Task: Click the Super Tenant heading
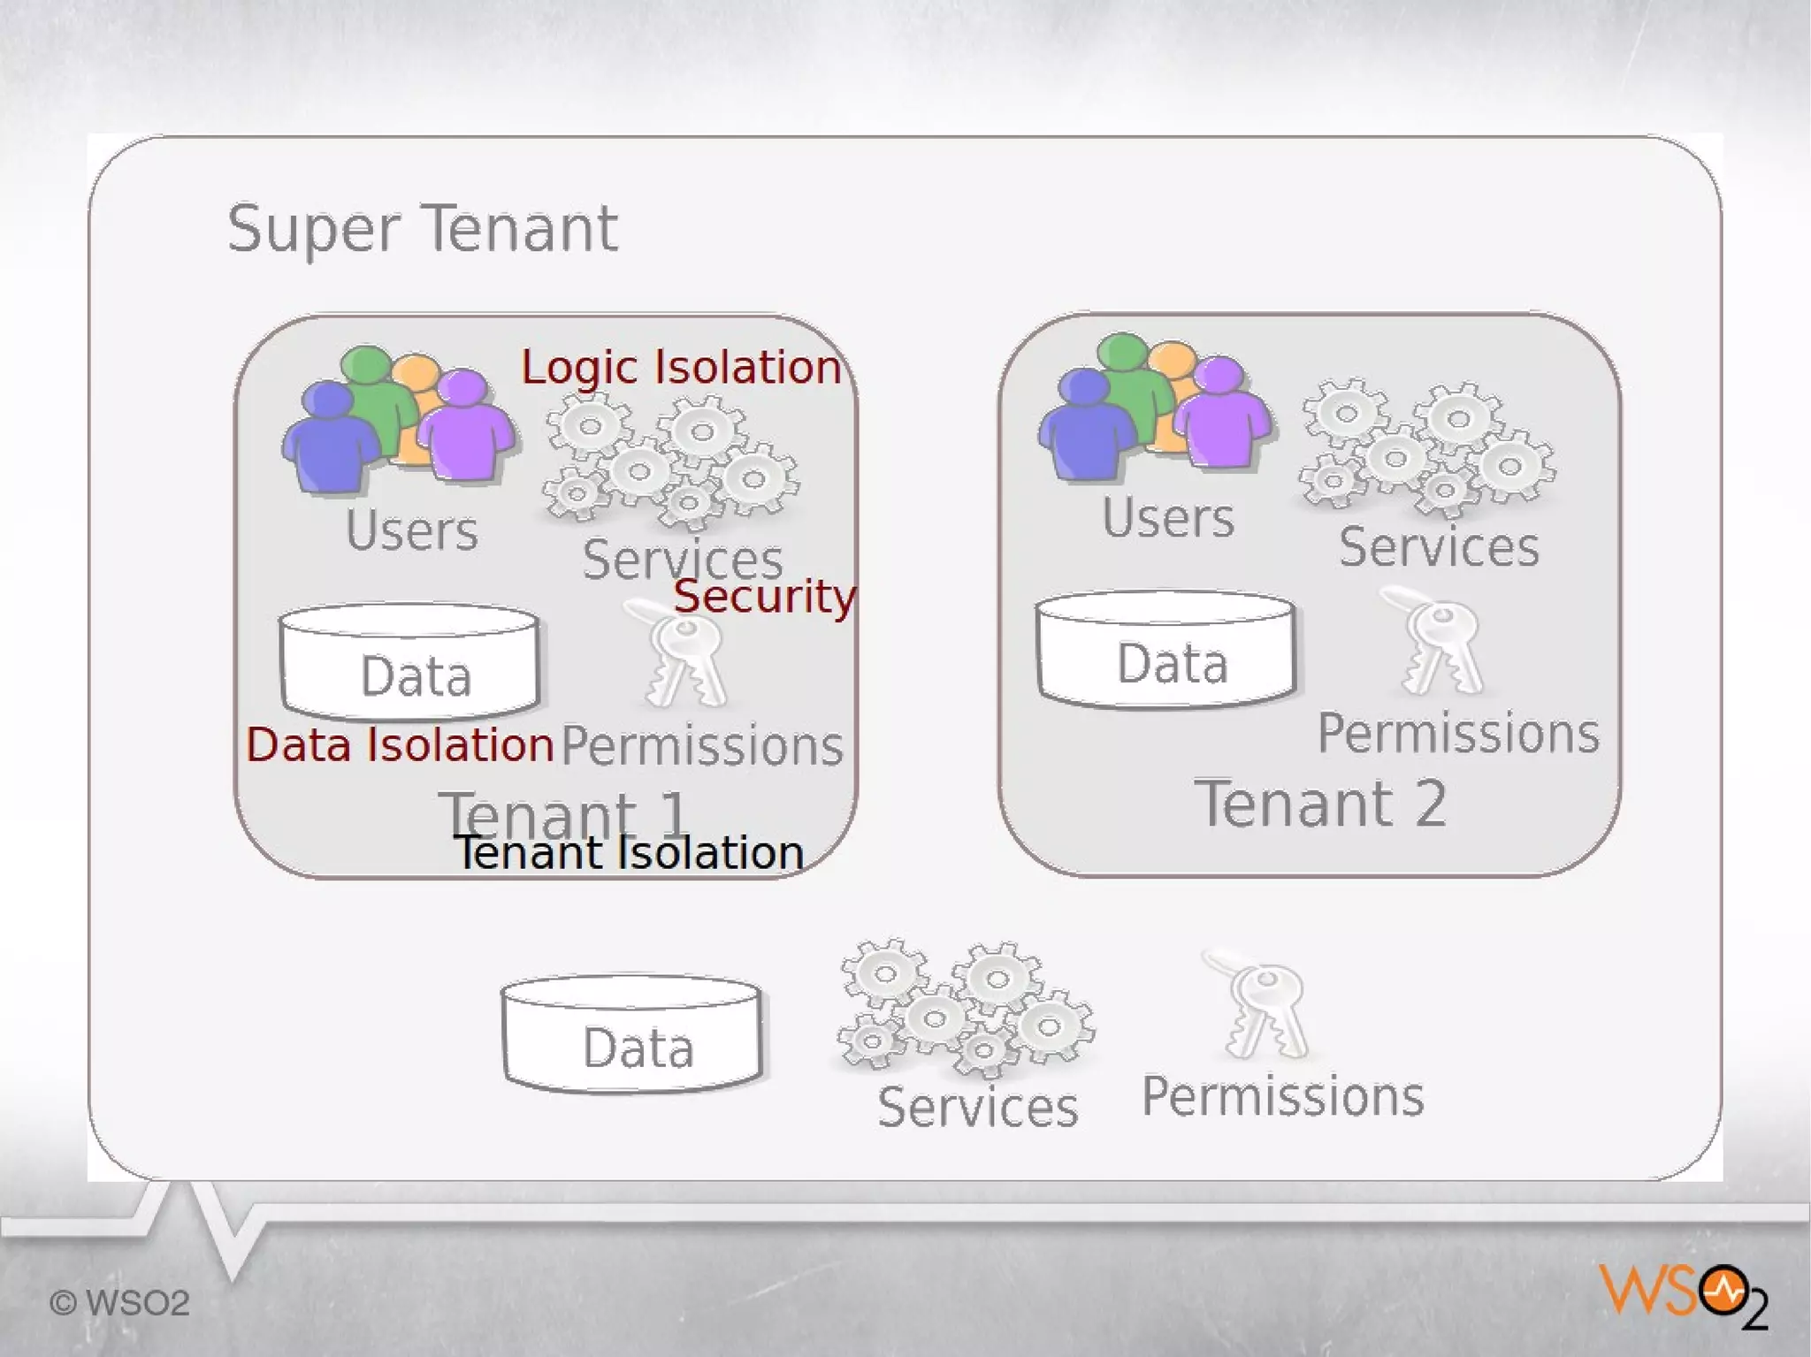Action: click(x=423, y=229)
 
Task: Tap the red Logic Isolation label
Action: click(x=681, y=367)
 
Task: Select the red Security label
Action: click(x=765, y=597)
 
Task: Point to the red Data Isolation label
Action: click(x=400, y=744)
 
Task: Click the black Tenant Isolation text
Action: click(x=629, y=853)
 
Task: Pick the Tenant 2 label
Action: click(x=1320, y=804)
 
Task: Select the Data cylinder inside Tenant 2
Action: click(x=1165, y=650)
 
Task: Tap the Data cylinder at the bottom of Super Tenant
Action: click(x=631, y=1034)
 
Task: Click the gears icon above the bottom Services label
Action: click(x=966, y=1008)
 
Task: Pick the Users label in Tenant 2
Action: click(x=1167, y=518)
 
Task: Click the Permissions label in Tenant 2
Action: click(x=1458, y=734)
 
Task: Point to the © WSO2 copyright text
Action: click(x=119, y=1303)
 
